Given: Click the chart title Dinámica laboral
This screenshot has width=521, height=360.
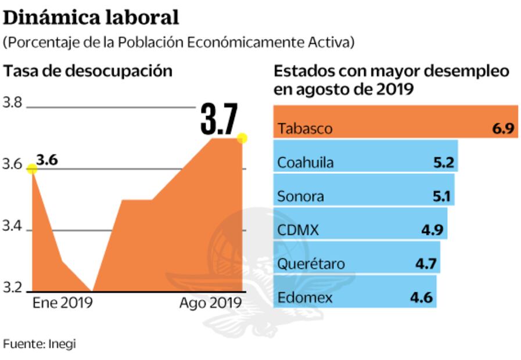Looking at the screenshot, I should point(91,17).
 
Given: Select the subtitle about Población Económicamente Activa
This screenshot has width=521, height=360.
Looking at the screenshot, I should point(179,43).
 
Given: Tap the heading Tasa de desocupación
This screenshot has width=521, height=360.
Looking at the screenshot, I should point(88,71).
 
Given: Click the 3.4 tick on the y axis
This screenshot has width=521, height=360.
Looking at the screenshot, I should point(12,227).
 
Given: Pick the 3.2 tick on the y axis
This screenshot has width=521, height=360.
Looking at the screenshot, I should point(12,289).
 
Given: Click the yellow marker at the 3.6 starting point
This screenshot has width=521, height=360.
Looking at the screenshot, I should point(32,168).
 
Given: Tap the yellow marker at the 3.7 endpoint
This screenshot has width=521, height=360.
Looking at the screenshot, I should point(242,138).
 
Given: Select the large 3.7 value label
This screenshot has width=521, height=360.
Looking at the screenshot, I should point(219,119).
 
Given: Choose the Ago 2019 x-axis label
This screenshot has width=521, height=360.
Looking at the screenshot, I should point(210,303).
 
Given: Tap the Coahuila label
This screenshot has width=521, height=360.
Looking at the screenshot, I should point(306,163).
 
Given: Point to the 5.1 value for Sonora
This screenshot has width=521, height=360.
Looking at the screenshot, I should point(441,196).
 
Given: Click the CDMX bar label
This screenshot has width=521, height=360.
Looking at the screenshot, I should point(298,230).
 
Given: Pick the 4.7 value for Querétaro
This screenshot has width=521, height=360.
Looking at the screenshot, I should point(426,264).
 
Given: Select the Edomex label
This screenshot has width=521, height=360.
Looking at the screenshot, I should point(305,298).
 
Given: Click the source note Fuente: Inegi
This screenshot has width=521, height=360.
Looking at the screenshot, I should point(39,343).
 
